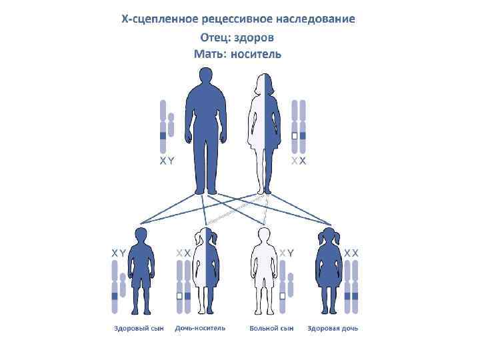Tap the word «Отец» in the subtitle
[216, 37]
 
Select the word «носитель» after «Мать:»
[255, 54]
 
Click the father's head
[207, 79]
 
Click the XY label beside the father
[167, 161]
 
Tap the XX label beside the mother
[299, 161]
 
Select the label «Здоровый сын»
[139, 329]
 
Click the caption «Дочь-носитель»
[200, 329]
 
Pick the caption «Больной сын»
[271, 329]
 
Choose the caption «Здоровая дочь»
[333, 329]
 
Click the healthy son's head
[141, 235]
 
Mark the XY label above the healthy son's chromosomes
[118, 253]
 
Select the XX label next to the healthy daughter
[351, 253]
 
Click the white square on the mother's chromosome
[294, 136]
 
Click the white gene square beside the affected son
[283, 295]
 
